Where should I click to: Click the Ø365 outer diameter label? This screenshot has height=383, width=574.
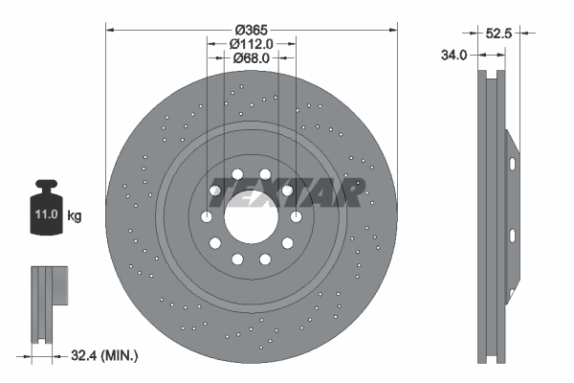pyautogui.click(x=251, y=30)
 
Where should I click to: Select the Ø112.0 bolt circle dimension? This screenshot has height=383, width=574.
pyautogui.click(x=251, y=44)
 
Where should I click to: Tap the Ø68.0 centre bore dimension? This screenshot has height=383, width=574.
pyautogui.click(x=251, y=57)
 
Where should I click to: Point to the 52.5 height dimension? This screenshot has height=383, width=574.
pyautogui.click(x=498, y=34)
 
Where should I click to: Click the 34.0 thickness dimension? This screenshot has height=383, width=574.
pyautogui.click(x=453, y=56)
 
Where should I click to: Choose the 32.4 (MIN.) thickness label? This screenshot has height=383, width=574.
pyautogui.click(x=104, y=355)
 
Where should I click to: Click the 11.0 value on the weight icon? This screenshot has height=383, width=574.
pyautogui.click(x=47, y=214)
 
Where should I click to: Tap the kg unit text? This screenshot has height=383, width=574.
pyautogui.click(x=75, y=215)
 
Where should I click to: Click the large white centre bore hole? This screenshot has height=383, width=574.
pyautogui.click(x=251, y=217)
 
